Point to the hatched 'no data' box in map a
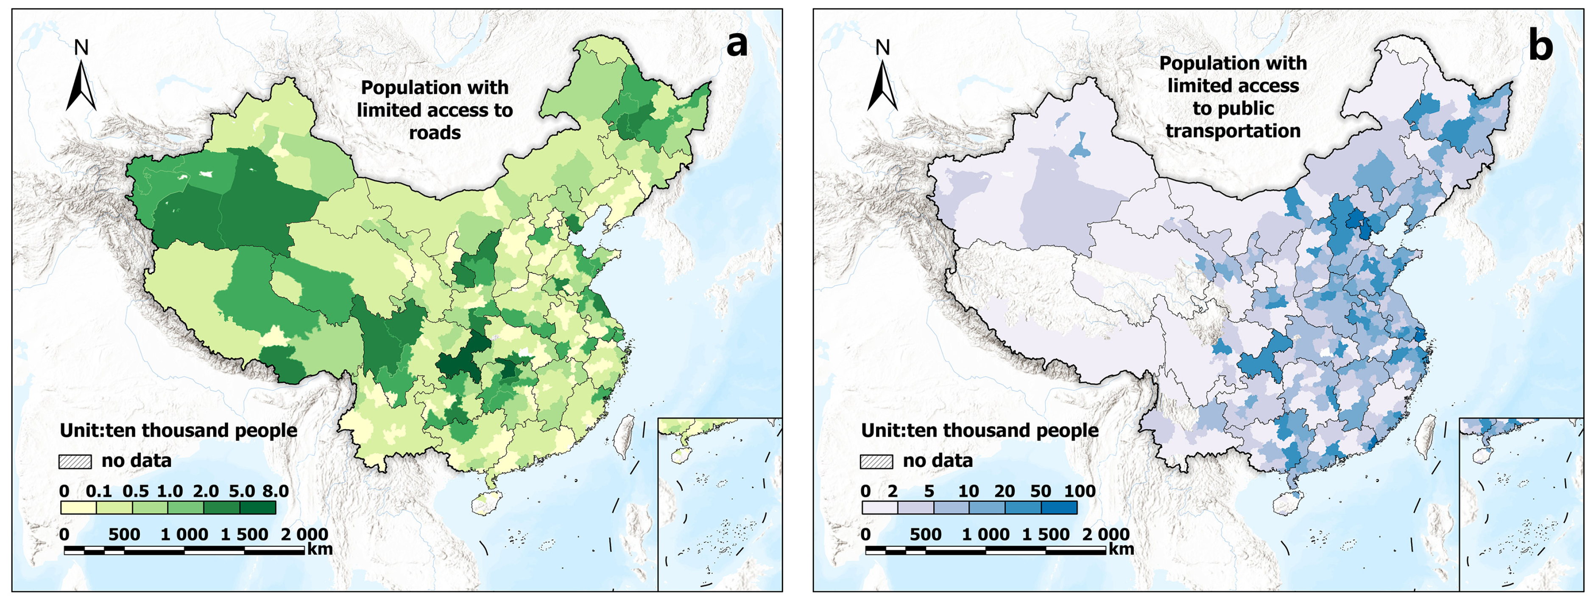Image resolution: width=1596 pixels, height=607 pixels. tap(75, 461)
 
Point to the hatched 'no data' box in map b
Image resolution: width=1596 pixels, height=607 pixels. tap(876, 461)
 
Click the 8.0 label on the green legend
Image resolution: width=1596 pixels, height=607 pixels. tap(275, 491)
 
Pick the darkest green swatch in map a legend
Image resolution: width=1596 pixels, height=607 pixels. tap(258, 508)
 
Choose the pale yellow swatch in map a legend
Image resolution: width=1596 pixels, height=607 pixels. tap(79, 508)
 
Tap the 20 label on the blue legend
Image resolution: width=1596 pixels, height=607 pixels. tap(1004, 491)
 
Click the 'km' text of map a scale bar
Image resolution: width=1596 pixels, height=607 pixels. tap(320, 549)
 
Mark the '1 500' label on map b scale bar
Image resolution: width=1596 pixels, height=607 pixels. tap(1045, 534)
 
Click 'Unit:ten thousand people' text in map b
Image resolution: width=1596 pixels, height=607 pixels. tap(979, 430)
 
